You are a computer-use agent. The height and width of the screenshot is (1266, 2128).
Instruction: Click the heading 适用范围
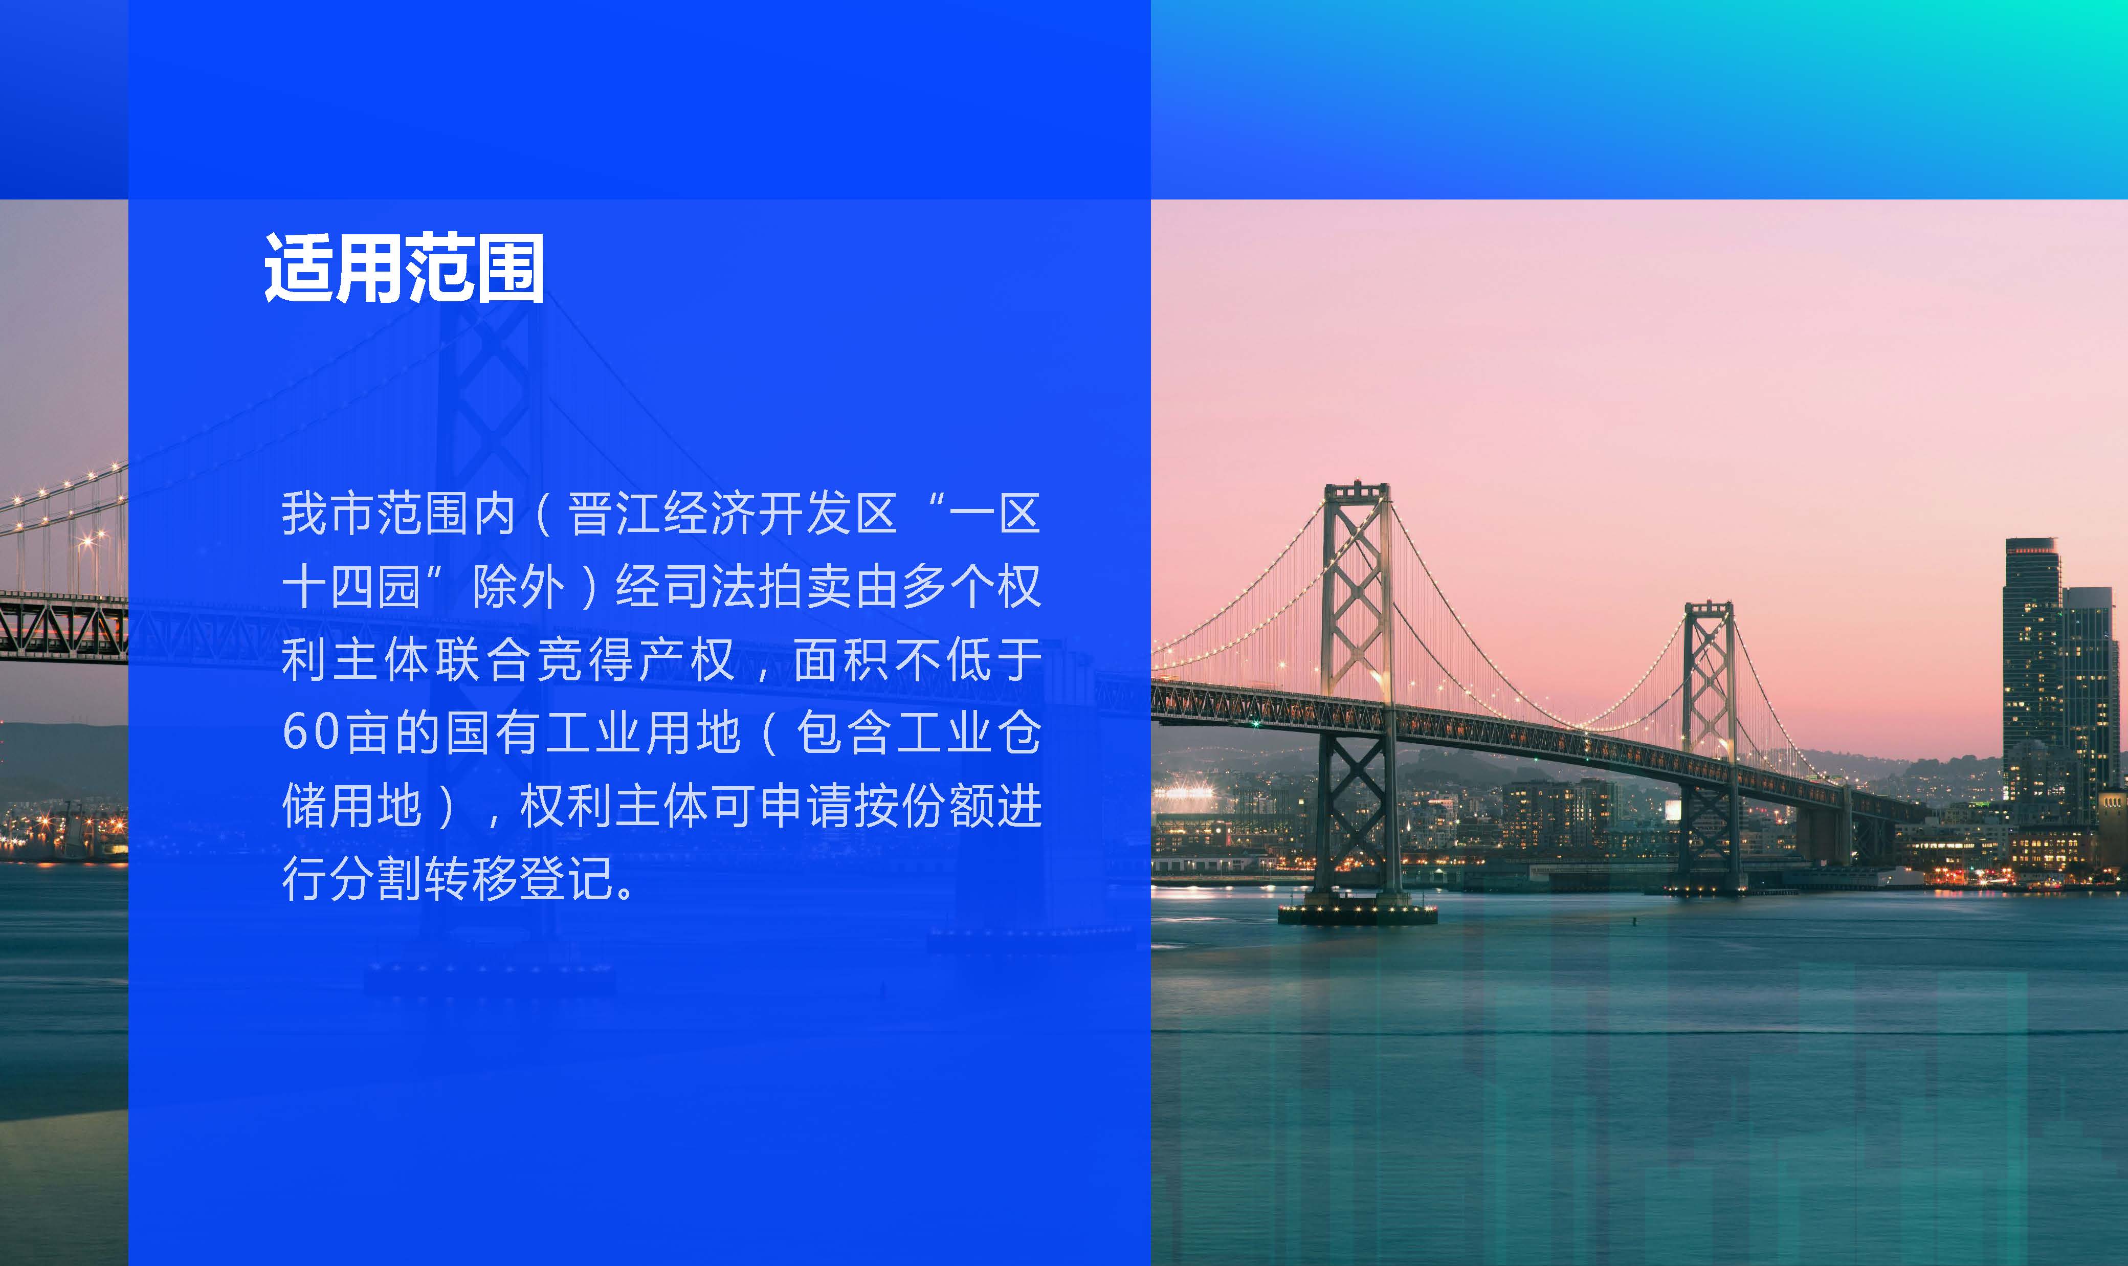pyautogui.click(x=404, y=268)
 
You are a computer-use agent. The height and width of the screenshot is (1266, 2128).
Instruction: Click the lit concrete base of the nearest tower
pyautogui.click(x=1357, y=914)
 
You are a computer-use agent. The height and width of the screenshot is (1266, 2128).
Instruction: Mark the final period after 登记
pyautogui.click(x=627, y=893)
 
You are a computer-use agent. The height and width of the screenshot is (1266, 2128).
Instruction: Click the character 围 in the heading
pyautogui.click(x=509, y=268)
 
